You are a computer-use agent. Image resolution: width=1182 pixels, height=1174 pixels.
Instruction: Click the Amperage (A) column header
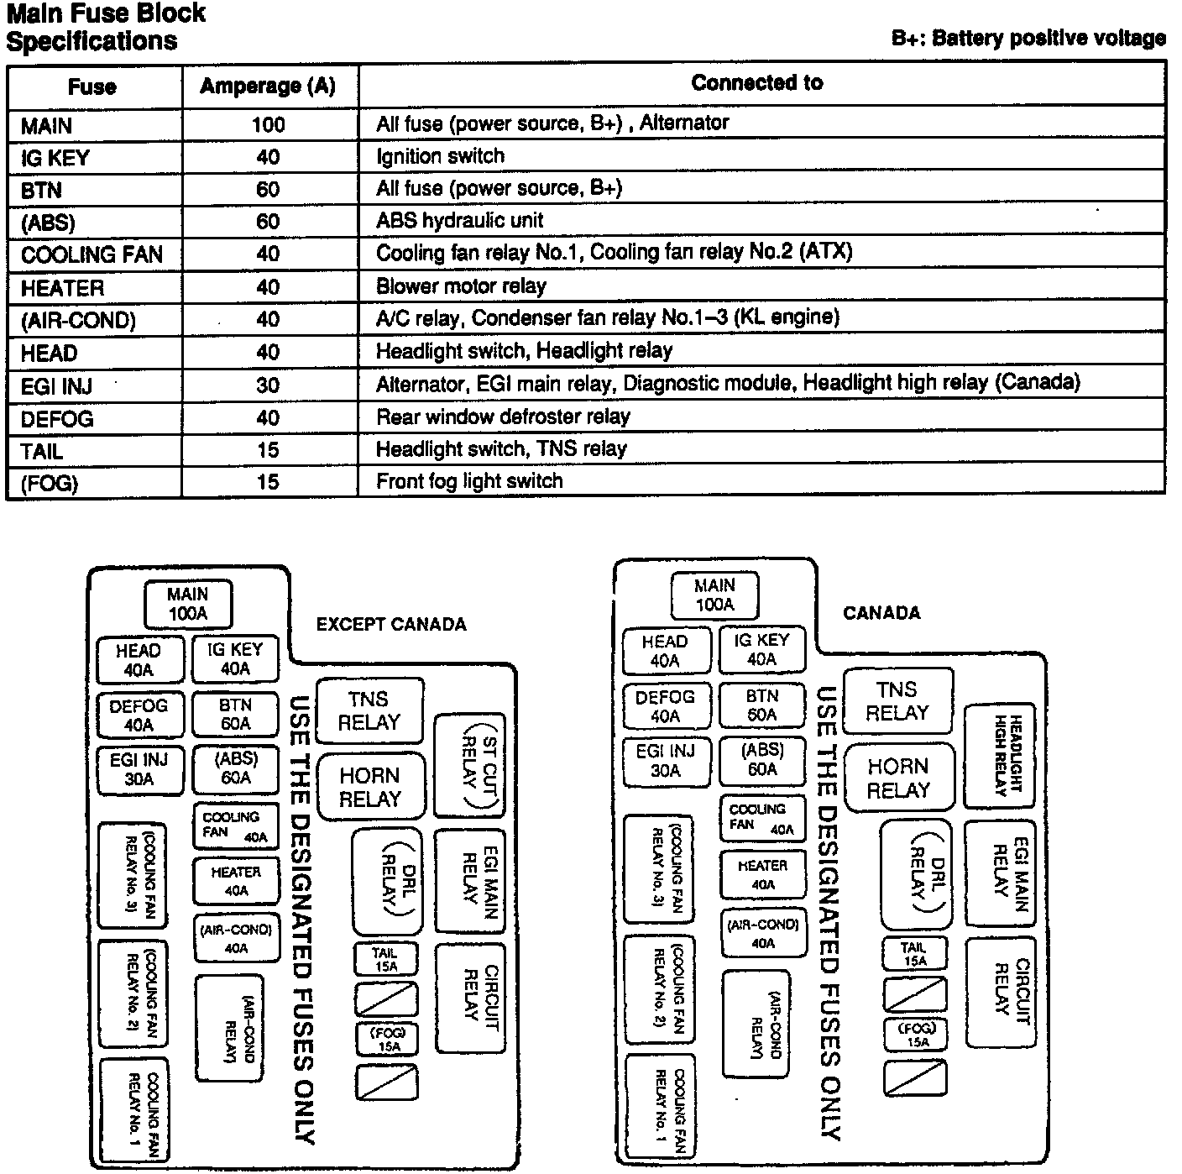pyautogui.click(x=268, y=86)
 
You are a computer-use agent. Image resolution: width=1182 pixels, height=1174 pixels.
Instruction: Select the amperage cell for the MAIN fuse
pyautogui.click(x=268, y=125)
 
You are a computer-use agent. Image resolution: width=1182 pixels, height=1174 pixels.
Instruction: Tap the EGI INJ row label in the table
pyautogui.click(x=57, y=386)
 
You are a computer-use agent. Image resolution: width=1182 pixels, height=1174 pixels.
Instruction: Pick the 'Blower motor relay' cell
pyautogui.click(x=462, y=286)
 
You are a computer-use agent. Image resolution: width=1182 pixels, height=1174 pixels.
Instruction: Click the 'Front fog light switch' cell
pyautogui.click(x=469, y=481)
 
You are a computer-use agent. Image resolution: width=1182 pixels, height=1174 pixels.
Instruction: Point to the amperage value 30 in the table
pyautogui.click(x=268, y=385)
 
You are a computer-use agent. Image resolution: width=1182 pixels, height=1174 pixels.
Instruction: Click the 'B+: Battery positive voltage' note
pyautogui.click(x=1028, y=38)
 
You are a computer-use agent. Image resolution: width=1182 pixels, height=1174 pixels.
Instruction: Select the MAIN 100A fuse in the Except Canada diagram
pyautogui.click(x=188, y=604)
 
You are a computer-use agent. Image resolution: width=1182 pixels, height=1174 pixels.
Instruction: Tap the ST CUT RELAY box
pyautogui.click(x=469, y=766)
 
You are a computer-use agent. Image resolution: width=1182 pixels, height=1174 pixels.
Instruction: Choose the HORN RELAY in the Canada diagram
pyautogui.click(x=898, y=778)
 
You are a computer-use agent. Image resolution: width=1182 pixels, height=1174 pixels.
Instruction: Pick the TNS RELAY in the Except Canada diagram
pyautogui.click(x=369, y=710)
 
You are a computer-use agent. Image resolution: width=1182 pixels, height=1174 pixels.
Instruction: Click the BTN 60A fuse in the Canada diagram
pyautogui.click(x=762, y=705)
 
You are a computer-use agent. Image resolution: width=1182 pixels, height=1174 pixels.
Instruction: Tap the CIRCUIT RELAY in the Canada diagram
pyautogui.click(x=1001, y=992)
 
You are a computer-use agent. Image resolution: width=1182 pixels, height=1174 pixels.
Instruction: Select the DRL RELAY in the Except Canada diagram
pyautogui.click(x=387, y=882)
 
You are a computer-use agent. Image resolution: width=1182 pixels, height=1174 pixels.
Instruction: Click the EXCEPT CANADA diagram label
pyautogui.click(x=391, y=624)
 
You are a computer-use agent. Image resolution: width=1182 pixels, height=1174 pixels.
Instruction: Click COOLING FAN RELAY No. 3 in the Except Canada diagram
pyautogui.click(x=133, y=875)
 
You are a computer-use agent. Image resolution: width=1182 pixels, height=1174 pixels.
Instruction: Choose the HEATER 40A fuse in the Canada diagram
pyautogui.click(x=762, y=874)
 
